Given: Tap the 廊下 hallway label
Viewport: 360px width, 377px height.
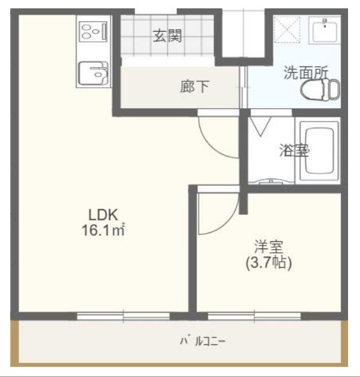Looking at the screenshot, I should pos(195,87).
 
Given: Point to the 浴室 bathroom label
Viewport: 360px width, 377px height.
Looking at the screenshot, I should pos(294,151).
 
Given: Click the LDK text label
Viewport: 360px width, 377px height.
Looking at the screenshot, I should pos(105,214).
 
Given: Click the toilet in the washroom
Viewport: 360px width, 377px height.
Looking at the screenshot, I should pos(319,90).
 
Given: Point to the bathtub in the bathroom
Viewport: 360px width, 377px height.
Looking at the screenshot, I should pos(319,152).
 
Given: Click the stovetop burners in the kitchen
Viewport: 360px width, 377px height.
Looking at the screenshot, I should pos(92,30).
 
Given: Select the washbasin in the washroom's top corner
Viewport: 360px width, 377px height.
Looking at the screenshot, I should pos(325,29).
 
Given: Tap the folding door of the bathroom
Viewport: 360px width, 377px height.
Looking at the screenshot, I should pos(260,127).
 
